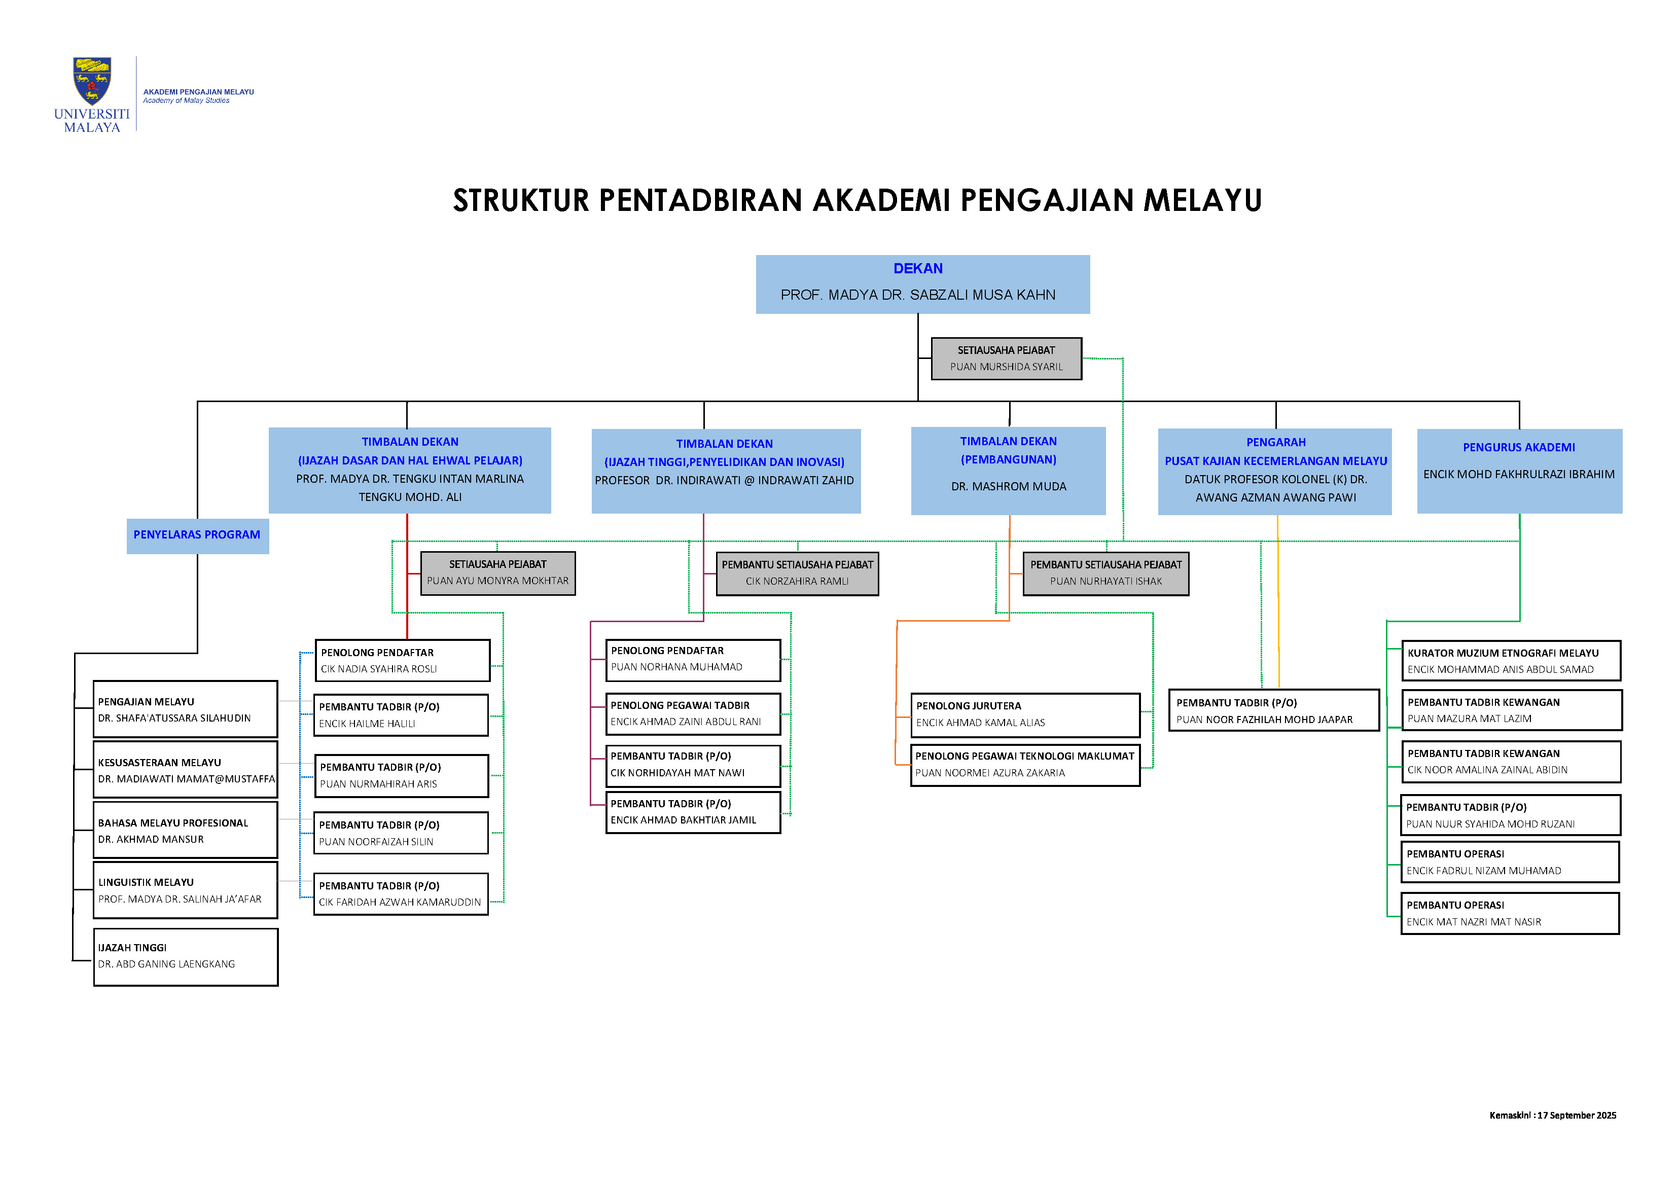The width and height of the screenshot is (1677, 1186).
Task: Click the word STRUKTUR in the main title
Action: point(520,201)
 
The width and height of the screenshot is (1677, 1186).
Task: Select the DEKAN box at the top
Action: point(922,284)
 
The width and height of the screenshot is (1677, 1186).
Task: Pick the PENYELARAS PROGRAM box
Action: point(197,535)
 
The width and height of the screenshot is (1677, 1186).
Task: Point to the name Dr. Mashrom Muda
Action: point(1008,486)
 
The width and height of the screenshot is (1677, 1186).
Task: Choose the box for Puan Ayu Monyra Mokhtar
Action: point(497,573)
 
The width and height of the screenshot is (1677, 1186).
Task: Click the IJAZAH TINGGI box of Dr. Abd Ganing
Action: point(186,957)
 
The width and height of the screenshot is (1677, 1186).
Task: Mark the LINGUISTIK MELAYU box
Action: point(186,890)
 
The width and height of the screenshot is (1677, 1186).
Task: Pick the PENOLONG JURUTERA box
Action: point(1025,715)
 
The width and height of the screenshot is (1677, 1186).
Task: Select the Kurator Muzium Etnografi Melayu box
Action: point(1511,661)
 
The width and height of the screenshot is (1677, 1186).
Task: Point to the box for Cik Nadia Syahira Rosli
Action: point(403,661)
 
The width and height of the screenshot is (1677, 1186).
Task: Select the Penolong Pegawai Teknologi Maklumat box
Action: point(1025,765)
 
